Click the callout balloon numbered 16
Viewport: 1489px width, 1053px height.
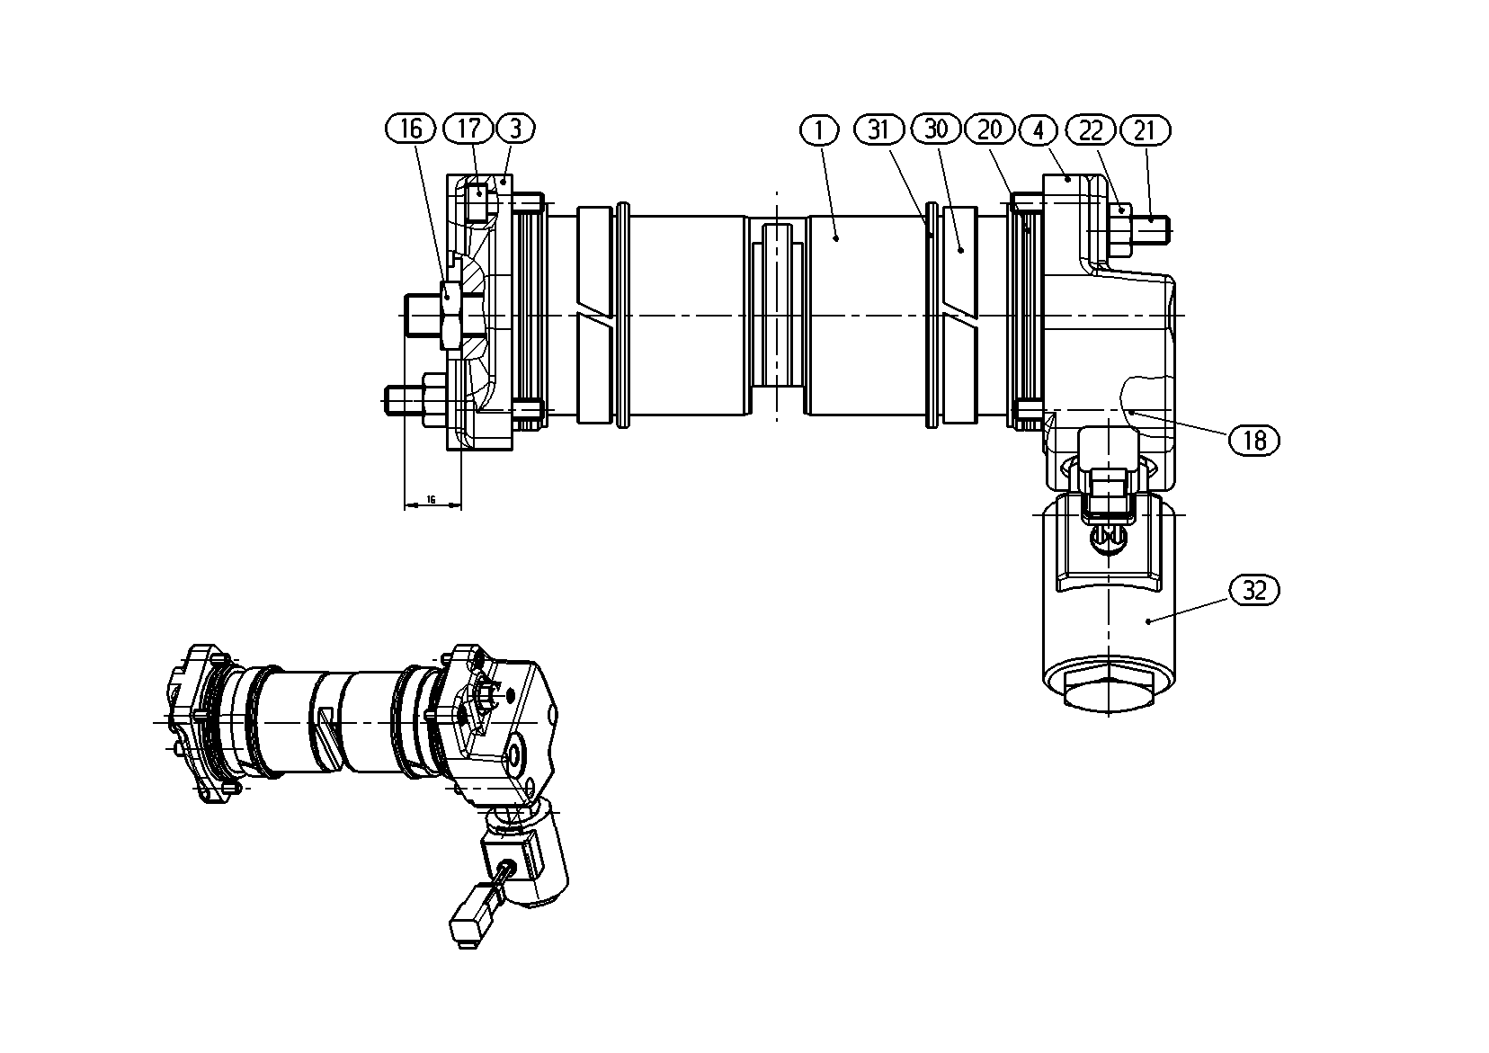pyautogui.click(x=411, y=129)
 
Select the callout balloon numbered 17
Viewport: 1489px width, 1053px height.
pyautogui.click(x=468, y=129)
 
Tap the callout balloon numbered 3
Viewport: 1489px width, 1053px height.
pyautogui.click(x=516, y=129)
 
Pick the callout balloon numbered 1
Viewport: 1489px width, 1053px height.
pyautogui.click(x=819, y=130)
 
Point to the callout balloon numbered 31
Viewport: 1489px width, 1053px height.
pyautogui.click(x=879, y=129)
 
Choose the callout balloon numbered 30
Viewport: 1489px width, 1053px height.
pyautogui.click(x=936, y=129)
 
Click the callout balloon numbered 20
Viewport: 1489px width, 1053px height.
pyautogui.click(x=990, y=129)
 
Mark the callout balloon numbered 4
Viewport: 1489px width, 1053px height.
pyautogui.click(x=1039, y=130)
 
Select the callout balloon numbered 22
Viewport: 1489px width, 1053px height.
pyautogui.click(x=1091, y=130)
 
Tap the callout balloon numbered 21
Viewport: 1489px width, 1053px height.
pyautogui.click(x=1146, y=130)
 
